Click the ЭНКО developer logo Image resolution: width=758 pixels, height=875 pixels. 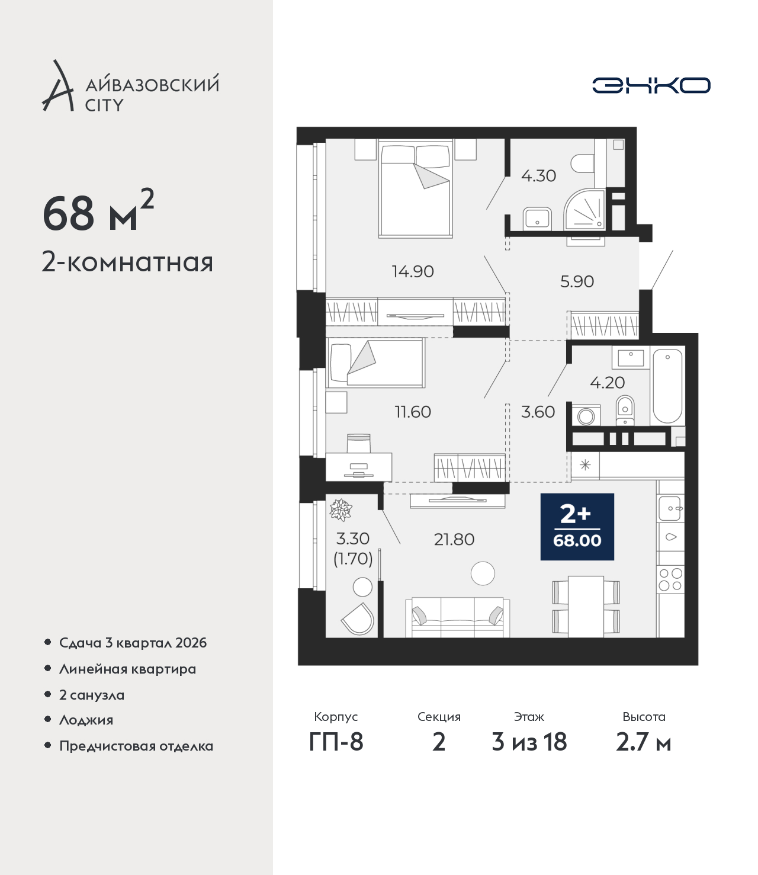click(x=651, y=85)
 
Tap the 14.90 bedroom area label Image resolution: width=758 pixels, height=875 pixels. click(x=413, y=271)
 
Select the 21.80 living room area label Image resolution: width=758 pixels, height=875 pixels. click(x=454, y=539)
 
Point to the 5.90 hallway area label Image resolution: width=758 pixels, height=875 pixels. click(x=577, y=281)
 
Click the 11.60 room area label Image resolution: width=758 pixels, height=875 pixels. click(x=413, y=412)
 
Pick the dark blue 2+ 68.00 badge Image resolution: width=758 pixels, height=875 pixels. click(x=577, y=527)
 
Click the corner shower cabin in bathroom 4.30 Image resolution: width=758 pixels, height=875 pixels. click(x=584, y=209)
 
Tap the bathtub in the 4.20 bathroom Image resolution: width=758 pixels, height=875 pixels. click(x=667, y=386)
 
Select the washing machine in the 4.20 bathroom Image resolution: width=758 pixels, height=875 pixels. click(x=586, y=415)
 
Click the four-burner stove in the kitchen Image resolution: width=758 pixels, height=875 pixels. click(x=670, y=579)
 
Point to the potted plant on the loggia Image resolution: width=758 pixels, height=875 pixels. click(x=341, y=509)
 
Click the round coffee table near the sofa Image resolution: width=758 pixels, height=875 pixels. click(x=483, y=573)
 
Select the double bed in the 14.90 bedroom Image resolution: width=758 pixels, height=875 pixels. click(x=416, y=189)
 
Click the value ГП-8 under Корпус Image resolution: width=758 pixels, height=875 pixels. click(x=336, y=742)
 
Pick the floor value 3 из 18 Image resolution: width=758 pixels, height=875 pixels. click(x=529, y=742)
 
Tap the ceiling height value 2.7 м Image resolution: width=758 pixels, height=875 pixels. click(x=643, y=742)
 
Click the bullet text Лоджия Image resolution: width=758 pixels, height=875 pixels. click(x=86, y=720)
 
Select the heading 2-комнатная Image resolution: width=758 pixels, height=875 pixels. click(x=127, y=262)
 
